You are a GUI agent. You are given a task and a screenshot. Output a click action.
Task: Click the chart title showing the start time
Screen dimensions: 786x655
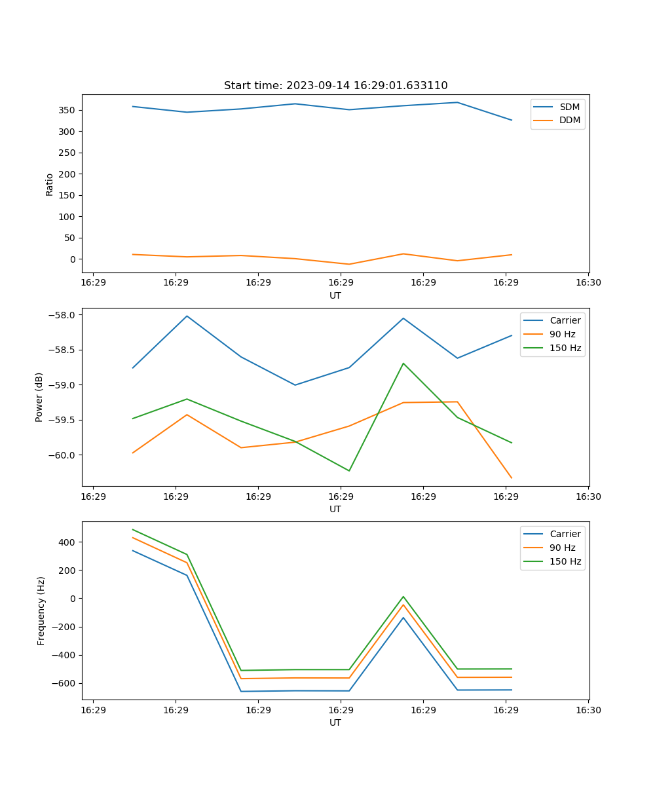click(x=335, y=86)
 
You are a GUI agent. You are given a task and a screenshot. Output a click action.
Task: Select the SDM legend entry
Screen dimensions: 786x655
click(x=569, y=107)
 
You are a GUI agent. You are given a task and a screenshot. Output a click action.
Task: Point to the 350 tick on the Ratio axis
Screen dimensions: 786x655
click(x=67, y=110)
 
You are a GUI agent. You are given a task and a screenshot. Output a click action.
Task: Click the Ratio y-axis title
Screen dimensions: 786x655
click(x=50, y=184)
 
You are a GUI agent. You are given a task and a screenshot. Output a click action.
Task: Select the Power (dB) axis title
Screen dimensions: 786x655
click(x=39, y=397)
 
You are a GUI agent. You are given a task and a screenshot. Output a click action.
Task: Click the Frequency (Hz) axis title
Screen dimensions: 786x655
click(x=41, y=610)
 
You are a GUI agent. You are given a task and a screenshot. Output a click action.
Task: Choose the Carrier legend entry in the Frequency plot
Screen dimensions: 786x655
click(x=565, y=534)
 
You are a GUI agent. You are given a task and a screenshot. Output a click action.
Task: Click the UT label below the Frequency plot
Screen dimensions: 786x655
click(x=335, y=722)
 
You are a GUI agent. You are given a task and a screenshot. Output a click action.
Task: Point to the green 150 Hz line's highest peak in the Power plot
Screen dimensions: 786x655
click(x=403, y=363)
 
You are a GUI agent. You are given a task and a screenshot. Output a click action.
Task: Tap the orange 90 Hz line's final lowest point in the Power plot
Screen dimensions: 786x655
click(x=512, y=478)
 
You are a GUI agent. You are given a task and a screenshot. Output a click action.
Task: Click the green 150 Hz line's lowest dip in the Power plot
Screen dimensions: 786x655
click(x=349, y=471)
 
